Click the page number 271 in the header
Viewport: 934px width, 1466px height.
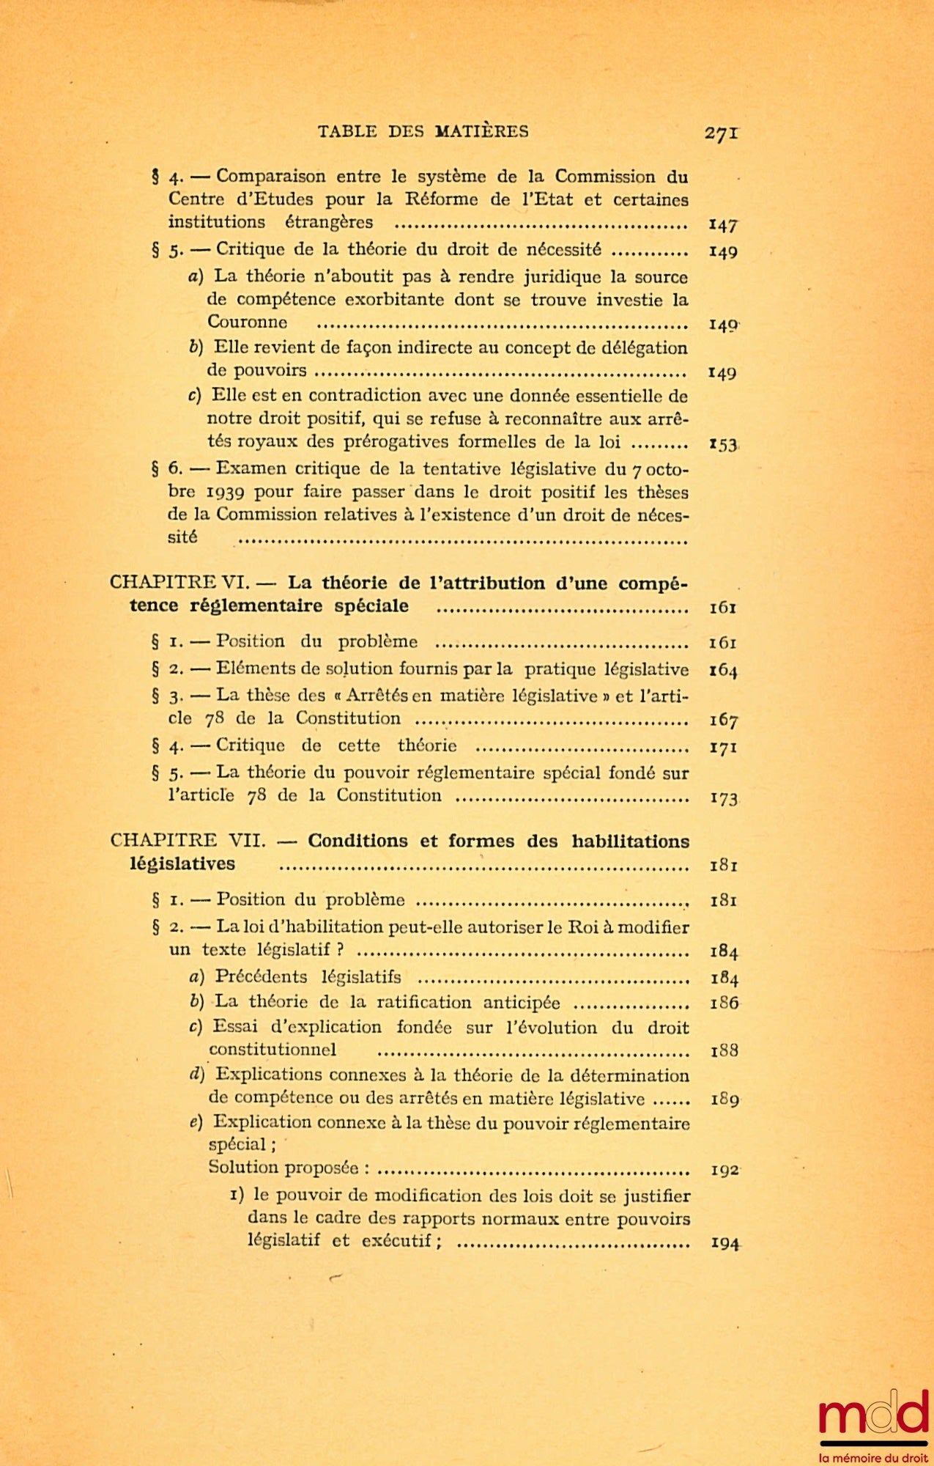coord(721,133)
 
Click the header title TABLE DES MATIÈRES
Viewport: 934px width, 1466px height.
coord(423,132)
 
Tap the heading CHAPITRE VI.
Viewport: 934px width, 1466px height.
coord(179,583)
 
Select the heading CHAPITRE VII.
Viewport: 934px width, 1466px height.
coord(188,841)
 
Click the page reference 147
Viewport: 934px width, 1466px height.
coord(723,224)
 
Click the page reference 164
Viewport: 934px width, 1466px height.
coord(723,670)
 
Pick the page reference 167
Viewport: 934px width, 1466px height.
coord(723,721)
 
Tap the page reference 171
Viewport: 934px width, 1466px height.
coord(723,748)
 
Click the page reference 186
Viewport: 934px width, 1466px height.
coord(724,1003)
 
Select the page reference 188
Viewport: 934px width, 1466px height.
coord(724,1051)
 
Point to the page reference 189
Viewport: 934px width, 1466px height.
coord(724,1099)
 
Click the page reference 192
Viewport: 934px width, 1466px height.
coord(724,1170)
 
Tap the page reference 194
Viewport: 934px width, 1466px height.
coord(724,1243)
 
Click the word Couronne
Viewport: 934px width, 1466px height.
coord(247,323)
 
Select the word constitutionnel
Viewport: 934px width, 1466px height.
coord(272,1050)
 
